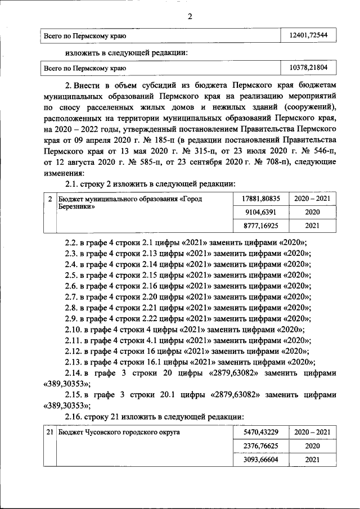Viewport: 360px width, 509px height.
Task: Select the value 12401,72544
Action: (308, 36)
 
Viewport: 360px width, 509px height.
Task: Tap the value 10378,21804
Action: (308, 68)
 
